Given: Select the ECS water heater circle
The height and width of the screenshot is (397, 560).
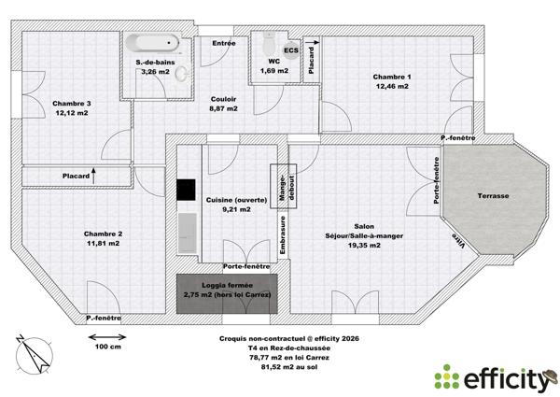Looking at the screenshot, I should click(292, 50).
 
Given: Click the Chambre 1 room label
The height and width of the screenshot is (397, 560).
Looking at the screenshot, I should click(392, 77).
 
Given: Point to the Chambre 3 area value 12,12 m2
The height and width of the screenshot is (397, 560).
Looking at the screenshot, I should click(71, 112).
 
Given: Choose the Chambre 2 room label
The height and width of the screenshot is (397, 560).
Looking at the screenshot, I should click(103, 234).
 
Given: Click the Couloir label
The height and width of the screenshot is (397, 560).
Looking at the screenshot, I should click(223, 98).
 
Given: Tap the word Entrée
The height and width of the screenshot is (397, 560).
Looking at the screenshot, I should click(223, 43).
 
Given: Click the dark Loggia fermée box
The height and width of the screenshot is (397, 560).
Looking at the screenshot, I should click(230, 291).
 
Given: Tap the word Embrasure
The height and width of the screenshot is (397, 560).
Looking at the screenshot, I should click(283, 234).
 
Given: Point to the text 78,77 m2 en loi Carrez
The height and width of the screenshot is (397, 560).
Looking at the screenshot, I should click(282, 355).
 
